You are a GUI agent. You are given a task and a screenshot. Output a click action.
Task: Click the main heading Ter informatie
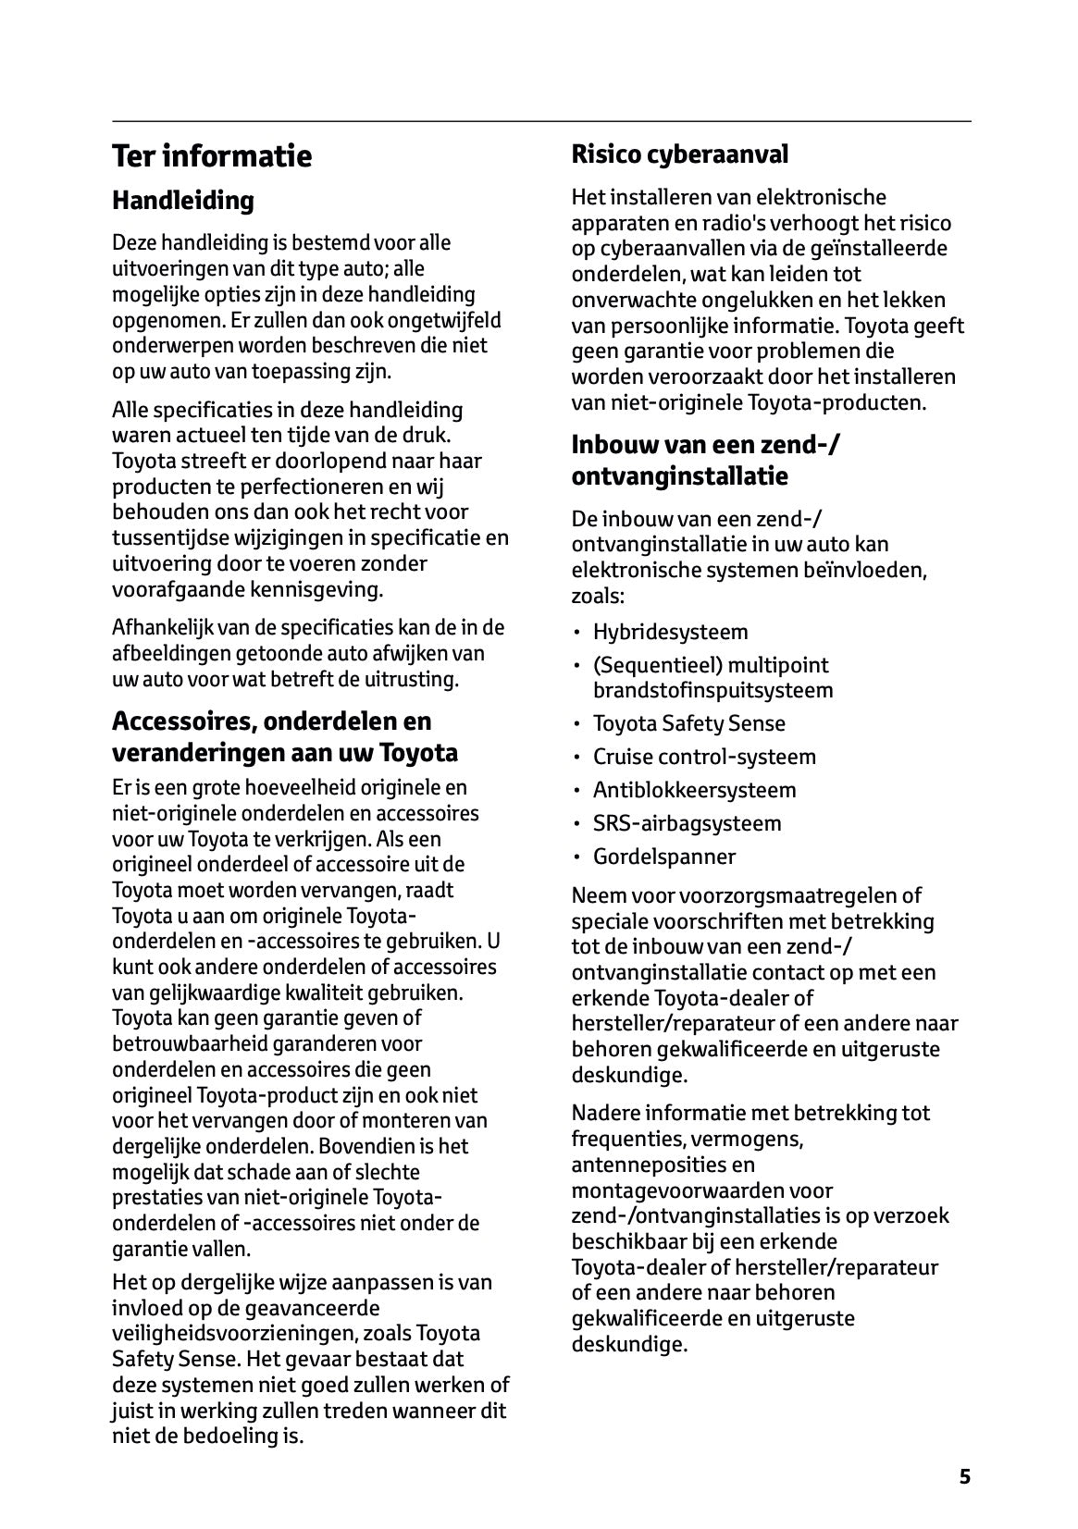tap(212, 155)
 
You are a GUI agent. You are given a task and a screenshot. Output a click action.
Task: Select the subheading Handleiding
tap(182, 200)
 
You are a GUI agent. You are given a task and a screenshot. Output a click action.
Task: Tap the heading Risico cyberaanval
tap(679, 154)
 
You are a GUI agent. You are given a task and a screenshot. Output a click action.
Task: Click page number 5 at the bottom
tap(964, 1476)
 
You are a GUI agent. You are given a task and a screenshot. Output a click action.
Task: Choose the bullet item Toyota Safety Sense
tap(688, 723)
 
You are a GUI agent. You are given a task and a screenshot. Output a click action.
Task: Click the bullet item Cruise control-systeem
tap(704, 757)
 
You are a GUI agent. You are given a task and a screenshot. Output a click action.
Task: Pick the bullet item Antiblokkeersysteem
tap(694, 790)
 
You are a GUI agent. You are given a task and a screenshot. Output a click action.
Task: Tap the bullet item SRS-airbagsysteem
tap(687, 823)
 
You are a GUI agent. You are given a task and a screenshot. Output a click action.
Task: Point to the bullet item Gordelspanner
tap(664, 857)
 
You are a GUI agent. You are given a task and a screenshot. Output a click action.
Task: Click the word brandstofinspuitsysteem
tap(712, 690)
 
